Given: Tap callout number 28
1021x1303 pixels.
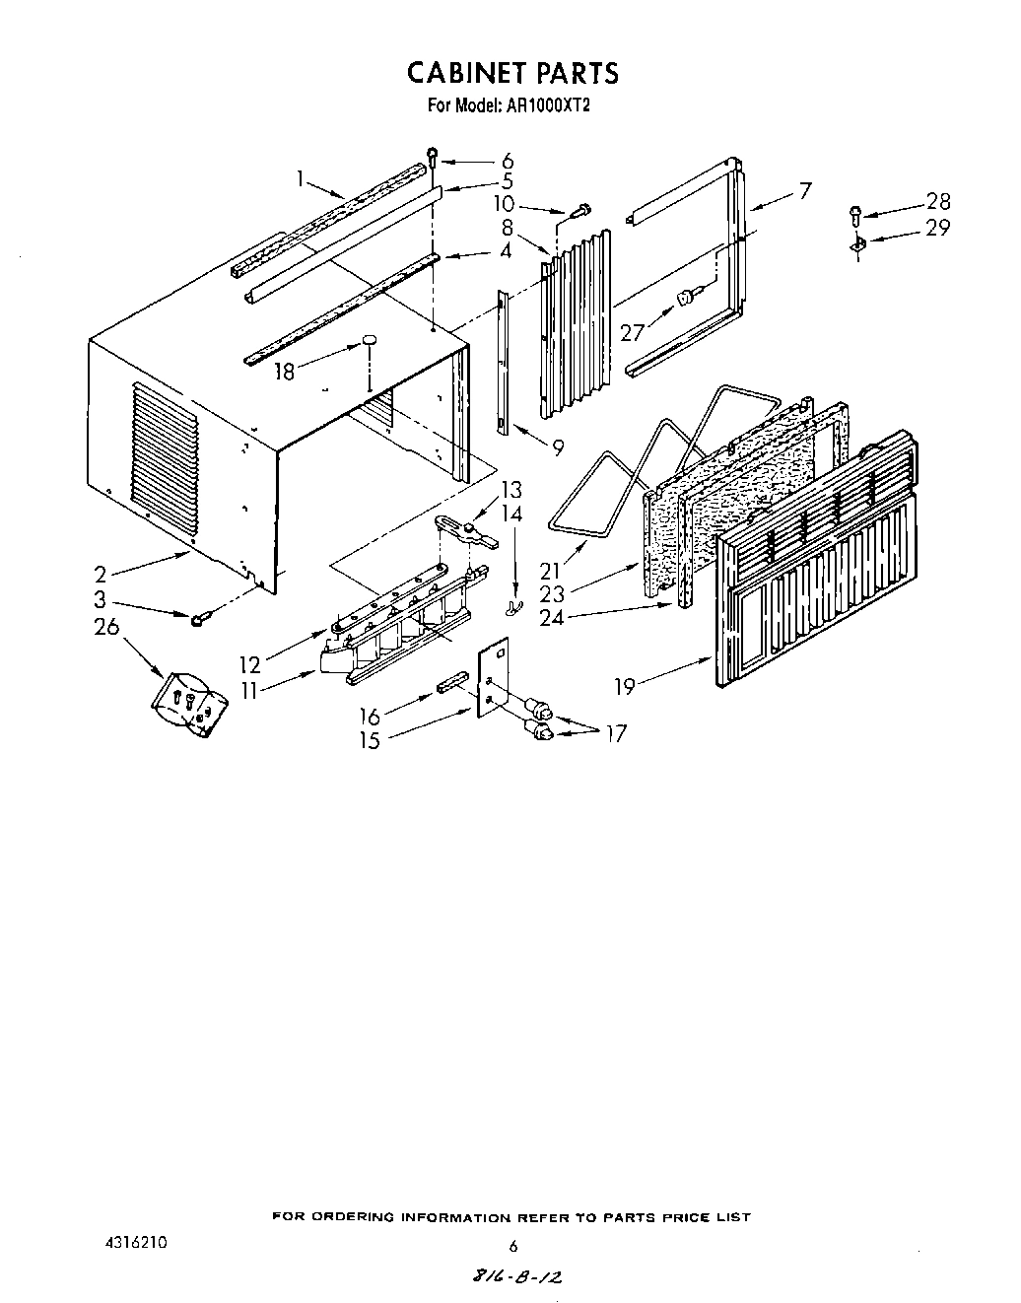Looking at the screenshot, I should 937,202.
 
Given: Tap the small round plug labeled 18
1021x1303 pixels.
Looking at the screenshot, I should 369,340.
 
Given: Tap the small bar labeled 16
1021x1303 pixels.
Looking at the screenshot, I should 448,682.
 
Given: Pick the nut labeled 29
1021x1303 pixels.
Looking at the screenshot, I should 856,243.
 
